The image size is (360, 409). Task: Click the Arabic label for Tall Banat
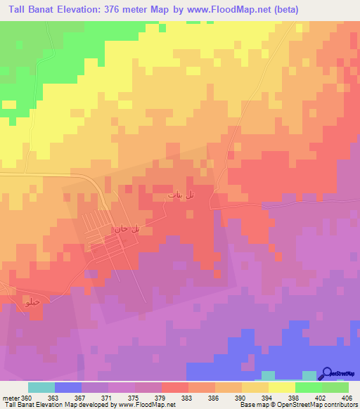181,195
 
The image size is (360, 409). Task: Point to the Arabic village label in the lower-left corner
31,303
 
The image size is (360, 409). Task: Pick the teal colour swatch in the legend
41,387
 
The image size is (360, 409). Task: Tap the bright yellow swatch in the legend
282,387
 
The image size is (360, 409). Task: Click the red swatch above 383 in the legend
175,387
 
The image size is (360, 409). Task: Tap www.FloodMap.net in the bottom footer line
146,405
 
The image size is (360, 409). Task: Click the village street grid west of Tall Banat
105,235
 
